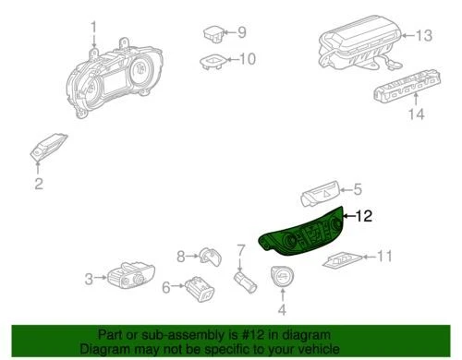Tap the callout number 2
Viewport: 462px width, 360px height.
38,185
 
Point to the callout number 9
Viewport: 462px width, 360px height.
242,32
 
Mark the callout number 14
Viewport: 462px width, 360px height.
416,115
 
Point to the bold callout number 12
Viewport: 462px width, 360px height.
366,218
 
